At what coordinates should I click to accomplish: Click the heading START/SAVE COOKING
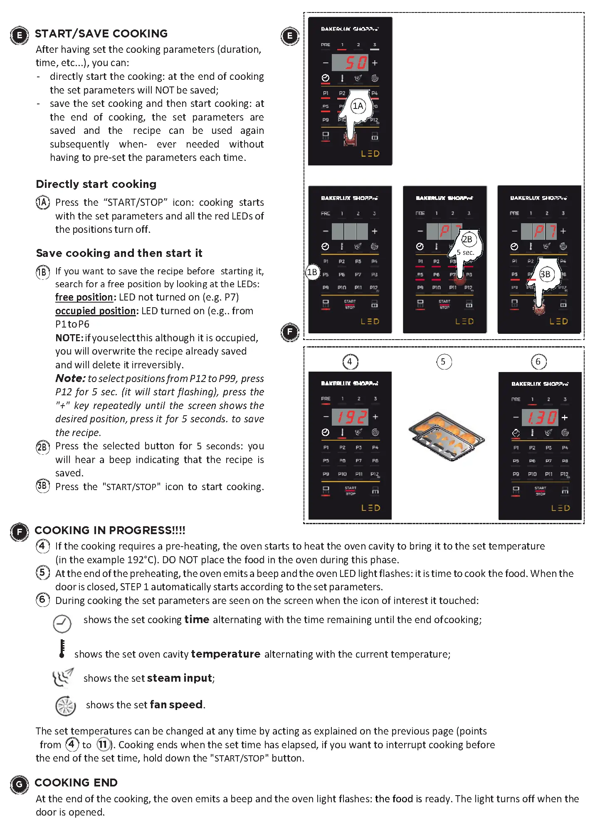(x=101, y=34)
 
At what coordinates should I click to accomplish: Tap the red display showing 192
(x=351, y=417)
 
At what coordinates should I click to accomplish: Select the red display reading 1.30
(x=540, y=417)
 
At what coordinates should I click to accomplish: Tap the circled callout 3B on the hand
(x=545, y=274)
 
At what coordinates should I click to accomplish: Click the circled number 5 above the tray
(x=443, y=362)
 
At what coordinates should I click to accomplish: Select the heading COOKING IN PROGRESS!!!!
(x=110, y=530)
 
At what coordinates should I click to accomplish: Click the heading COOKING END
(x=76, y=783)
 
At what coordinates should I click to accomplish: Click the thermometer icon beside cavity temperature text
(x=62, y=649)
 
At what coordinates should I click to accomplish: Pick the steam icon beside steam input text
(x=63, y=678)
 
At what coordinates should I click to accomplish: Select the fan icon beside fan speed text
(x=65, y=706)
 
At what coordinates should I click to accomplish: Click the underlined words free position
(x=85, y=298)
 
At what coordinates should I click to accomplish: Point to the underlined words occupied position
(x=96, y=311)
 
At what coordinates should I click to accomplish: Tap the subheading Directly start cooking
(x=96, y=184)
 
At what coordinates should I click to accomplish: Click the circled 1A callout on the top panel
(x=358, y=106)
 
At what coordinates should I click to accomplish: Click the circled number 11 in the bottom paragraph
(x=103, y=744)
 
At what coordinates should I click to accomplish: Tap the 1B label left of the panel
(x=312, y=272)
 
